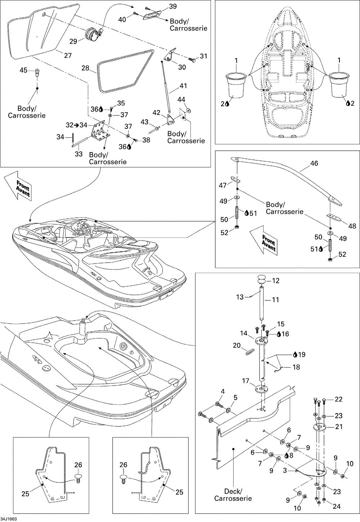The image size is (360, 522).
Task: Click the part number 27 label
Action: (68, 55)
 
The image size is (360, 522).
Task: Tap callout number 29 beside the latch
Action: (73, 41)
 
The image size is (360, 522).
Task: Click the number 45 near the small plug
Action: (23, 71)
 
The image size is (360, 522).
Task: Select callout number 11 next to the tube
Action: (275, 299)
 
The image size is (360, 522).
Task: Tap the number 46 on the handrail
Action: (314, 163)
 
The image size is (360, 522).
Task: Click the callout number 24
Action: (336, 507)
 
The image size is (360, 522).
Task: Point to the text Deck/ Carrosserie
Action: (233, 495)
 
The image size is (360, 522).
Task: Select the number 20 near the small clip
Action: (237, 345)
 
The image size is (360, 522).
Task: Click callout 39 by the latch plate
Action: (173, 6)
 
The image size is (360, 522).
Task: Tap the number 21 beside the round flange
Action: (339, 427)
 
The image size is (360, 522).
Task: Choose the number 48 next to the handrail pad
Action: (352, 226)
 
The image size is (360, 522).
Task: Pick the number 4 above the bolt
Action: (223, 391)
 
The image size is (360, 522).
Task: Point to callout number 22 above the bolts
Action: (338, 399)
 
